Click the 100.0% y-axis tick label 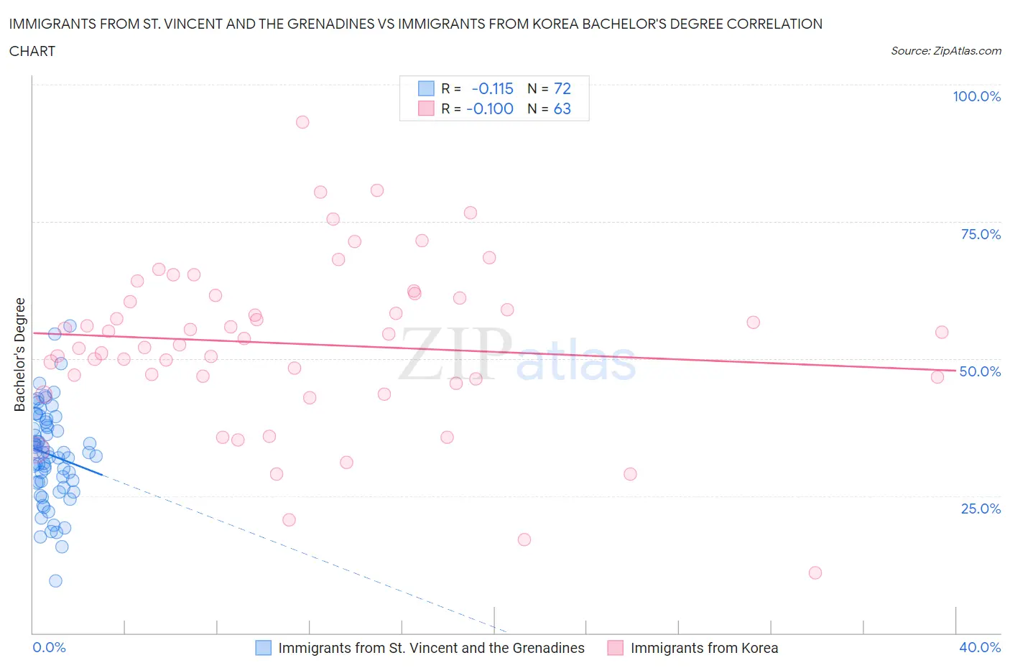[x=976, y=96]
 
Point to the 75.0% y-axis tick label [x=981, y=234]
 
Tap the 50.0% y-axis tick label [x=980, y=371]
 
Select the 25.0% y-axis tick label [x=981, y=509]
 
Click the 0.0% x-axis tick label [x=49, y=647]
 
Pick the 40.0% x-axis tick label [x=980, y=647]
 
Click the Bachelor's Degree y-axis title [x=20, y=355]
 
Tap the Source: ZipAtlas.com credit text [x=945, y=51]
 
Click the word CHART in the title [x=32, y=51]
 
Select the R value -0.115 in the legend [x=492, y=88]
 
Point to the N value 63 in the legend [x=562, y=108]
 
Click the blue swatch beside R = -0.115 [x=426, y=88]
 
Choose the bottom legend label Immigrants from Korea [x=704, y=648]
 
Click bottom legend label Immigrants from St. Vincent [x=431, y=648]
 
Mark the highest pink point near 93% [x=302, y=122]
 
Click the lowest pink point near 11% [x=815, y=572]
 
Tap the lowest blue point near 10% [x=55, y=580]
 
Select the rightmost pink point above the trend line [x=942, y=332]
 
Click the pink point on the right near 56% [x=753, y=323]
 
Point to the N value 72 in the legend [x=562, y=88]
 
